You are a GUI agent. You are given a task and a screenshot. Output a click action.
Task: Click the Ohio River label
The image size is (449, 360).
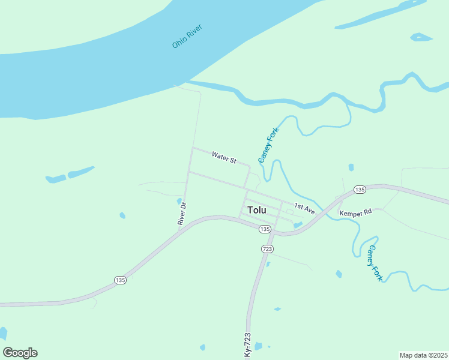[187, 36]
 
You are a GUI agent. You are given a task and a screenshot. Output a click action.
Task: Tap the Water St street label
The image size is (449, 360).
[224, 158]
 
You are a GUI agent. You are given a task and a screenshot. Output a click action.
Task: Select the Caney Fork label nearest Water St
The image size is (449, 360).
[269, 145]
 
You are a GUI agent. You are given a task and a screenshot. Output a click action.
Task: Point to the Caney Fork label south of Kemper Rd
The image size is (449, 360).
[375, 263]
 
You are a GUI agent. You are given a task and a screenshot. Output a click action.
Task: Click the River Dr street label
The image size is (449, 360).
[182, 214]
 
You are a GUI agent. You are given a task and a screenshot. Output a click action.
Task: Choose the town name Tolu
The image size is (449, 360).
[256, 211]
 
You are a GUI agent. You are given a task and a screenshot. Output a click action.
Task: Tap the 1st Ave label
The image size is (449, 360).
[304, 209]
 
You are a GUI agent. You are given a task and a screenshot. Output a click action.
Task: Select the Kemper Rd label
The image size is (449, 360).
[355, 213]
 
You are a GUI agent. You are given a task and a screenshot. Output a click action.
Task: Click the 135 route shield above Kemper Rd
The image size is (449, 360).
[359, 190]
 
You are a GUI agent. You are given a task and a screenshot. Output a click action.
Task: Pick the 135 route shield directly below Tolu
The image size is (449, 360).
[265, 229]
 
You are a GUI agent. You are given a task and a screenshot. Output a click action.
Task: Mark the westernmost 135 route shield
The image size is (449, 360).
[120, 280]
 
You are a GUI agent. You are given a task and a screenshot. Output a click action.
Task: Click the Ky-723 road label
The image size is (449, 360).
[247, 346]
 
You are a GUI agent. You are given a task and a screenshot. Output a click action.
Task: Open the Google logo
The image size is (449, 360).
[20, 353]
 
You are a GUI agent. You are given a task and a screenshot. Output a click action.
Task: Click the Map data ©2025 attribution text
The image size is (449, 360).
[423, 355]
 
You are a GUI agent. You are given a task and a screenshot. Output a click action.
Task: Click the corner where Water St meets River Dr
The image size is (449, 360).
[192, 148]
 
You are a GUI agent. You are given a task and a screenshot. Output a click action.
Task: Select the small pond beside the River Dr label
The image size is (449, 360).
[179, 201]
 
